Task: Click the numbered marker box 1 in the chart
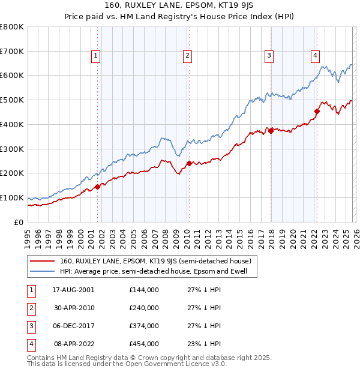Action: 96,56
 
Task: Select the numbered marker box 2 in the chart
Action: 187,56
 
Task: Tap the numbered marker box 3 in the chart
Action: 269,56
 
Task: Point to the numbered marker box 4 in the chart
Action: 315,56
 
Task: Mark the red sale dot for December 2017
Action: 271,130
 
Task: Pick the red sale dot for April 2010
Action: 189,163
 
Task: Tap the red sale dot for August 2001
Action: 97,187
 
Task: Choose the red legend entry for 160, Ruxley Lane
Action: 158,261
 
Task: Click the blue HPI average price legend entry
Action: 157,272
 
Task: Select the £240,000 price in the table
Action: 144,308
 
